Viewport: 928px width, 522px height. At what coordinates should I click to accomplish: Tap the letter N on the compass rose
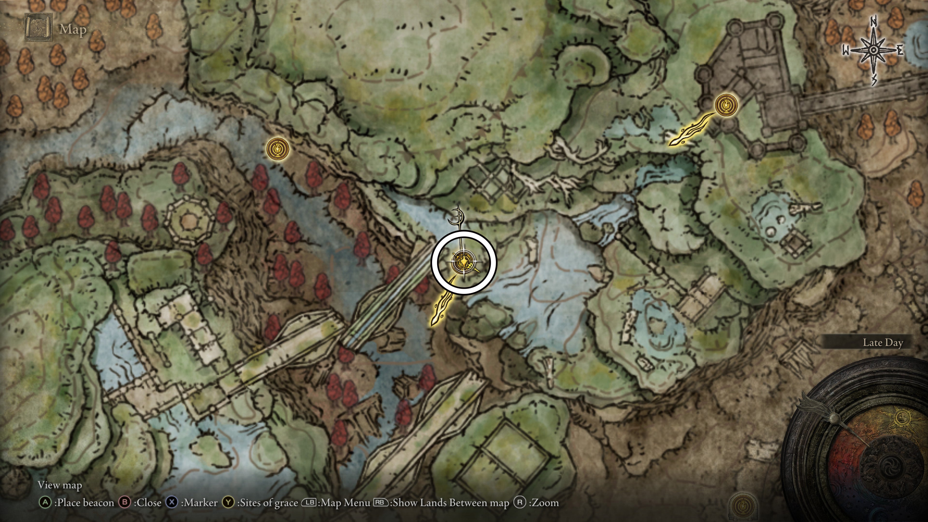(873, 22)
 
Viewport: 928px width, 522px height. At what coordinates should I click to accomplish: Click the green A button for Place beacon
(45, 503)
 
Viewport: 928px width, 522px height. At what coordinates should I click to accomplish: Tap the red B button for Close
(125, 503)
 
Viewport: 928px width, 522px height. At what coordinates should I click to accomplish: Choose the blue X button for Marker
(172, 503)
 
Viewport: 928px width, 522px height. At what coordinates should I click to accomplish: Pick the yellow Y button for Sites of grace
(228, 503)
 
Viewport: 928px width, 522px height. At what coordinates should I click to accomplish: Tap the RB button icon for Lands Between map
(380, 503)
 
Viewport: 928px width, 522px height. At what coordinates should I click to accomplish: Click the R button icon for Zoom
(520, 503)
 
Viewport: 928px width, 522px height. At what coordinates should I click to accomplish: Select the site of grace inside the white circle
(462, 261)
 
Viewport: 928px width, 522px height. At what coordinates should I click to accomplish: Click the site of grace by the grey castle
(726, 105)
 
